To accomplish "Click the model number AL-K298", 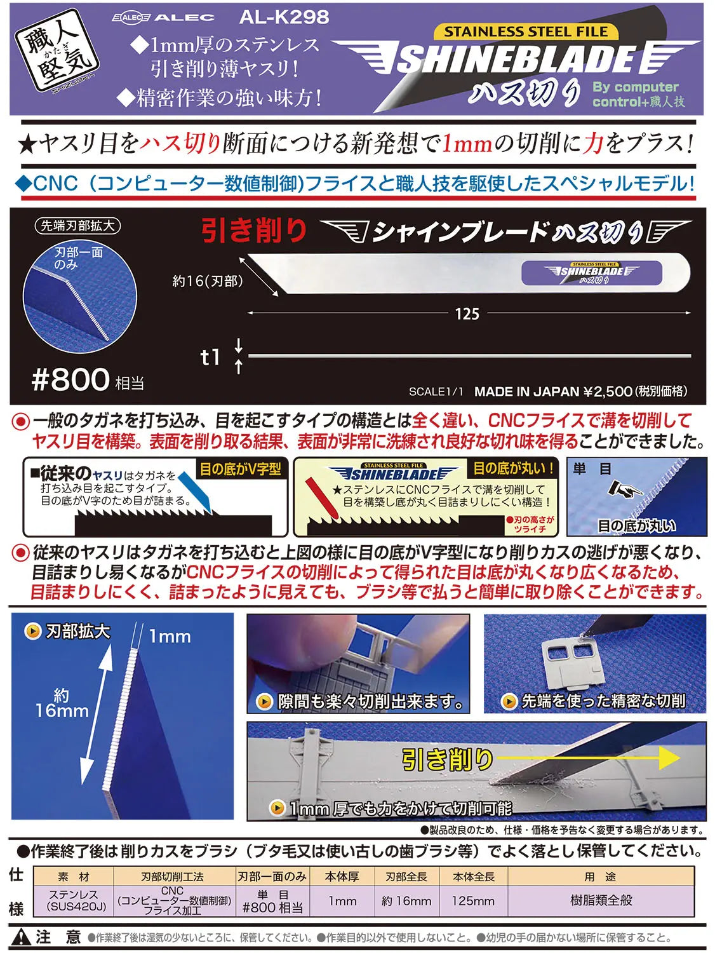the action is point(284,17).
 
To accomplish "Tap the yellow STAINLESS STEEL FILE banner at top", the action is point(526,31).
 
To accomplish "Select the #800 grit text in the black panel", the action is point(70,379).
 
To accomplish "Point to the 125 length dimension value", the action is point(467,313).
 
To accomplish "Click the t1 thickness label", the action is point(210,357).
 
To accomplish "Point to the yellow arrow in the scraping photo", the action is point(587,758).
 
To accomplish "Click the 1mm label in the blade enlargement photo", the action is point(170,637).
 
